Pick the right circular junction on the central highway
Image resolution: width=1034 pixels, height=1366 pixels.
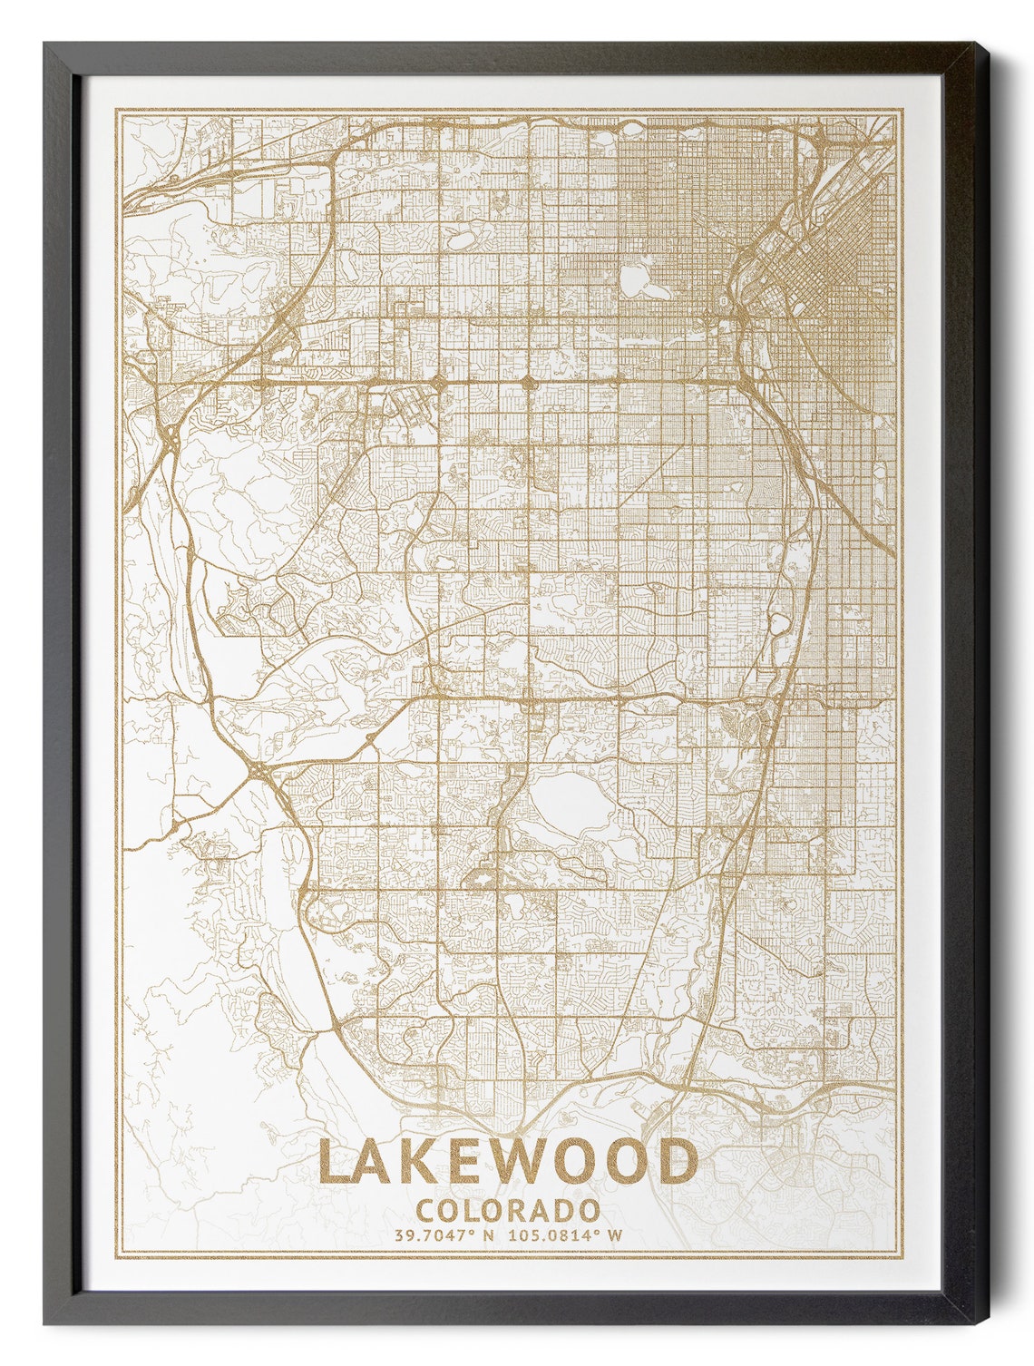[529, 382]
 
